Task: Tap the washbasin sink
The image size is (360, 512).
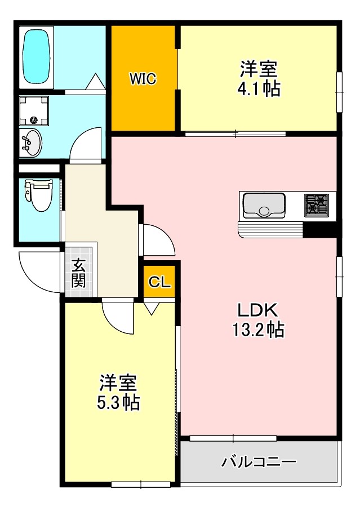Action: click(31, 143)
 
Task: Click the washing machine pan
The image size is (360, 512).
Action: click(34, 110)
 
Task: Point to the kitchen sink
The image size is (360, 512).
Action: click(264, 206)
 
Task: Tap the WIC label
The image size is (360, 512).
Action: click(143, 79)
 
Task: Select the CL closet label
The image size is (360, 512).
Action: click(159, 282)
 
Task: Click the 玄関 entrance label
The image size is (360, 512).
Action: click(79, 273)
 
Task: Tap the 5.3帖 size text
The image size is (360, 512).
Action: click(118, 402)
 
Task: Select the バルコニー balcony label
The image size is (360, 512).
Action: click(259, 463)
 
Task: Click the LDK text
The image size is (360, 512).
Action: click(257, 310)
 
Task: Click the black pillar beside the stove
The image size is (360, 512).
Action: click(319, 229)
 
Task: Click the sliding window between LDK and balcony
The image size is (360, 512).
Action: click(232, 438)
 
